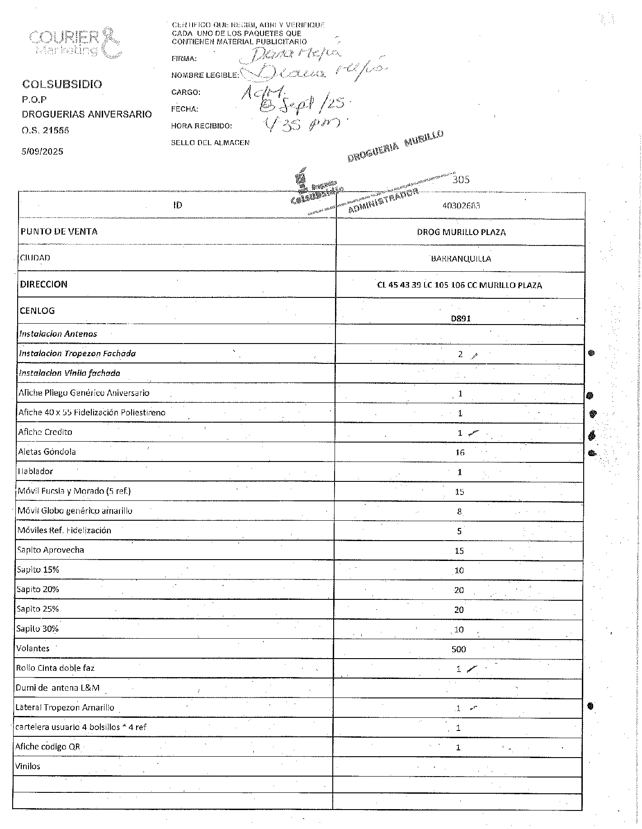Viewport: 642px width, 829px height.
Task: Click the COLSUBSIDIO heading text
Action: pyautogui.click(x=62, y=84)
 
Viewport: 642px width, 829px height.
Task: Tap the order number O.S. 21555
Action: pyautogui.click(x=46, y=130)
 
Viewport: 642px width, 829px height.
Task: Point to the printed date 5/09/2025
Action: pyautogui.click(x=42, y=151)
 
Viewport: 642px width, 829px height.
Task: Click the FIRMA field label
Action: pyautogui.click(x=184, y=59)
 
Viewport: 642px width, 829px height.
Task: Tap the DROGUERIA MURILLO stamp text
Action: pyautogui.click(x=396, y=145)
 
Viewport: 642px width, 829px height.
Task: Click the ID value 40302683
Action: pyautogui.click(x=461, y=206)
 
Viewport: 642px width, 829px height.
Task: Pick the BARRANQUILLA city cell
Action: pyautogui.click(x=461, y=259)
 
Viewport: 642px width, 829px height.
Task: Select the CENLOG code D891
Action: pyautogui.click(x=461, y=318)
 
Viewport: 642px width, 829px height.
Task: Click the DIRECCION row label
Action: pyautogui.click(x=44, y=284)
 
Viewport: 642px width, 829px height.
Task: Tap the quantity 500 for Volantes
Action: pyautogui.click(x=458, y=650)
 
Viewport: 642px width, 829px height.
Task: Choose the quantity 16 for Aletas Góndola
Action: pyautogui.click(x=460, y=452)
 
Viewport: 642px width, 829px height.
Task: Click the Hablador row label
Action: pyautogui.click(x=35, y=471)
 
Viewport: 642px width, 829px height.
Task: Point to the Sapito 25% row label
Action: pyautogui.click(x=38, y=609)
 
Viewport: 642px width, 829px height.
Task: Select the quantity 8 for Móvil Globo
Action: pyautogui.click(x=459, y=512)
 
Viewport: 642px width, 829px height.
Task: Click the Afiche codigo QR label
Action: pyautogui.click(x=47, y=747)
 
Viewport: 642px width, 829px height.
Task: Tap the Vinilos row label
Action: pyautogui.click(x=28, y=766)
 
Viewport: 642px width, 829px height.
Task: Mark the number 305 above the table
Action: pyautogui.click(x=461, y=179)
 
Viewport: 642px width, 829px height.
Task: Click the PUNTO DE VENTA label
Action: pyautogui.click(x=59, y=231)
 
